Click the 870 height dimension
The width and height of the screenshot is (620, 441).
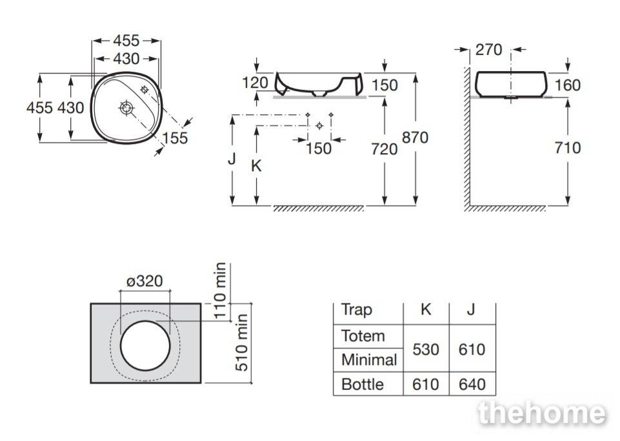(415, 138)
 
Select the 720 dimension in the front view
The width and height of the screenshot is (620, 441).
(384, 149)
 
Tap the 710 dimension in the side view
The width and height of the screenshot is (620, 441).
(567, 148)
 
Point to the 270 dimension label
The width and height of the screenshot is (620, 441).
(489, 50)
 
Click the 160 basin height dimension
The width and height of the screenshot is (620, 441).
(567, 85)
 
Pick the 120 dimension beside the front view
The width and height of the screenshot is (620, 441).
(255, 83)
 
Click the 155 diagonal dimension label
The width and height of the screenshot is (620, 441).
(175, 138)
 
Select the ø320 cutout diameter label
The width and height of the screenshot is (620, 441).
(145, 281)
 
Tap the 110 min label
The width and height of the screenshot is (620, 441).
(220, 291)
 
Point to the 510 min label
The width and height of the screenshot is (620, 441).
(241, 343)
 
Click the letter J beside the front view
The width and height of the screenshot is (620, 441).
(232, 158)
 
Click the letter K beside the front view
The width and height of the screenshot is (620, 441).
(256, 165)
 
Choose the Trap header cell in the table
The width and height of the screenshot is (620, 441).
(357, 309)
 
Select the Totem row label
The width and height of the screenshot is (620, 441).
(363, 336)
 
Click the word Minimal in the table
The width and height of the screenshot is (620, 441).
(369, 360)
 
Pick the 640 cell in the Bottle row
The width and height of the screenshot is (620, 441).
(472, 384)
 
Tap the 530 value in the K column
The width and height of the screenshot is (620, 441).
(425, 349)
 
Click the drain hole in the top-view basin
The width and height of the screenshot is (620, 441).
(126, 108)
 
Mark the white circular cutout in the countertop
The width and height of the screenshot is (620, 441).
(145, 346)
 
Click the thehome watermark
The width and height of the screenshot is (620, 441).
(541, 413)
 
